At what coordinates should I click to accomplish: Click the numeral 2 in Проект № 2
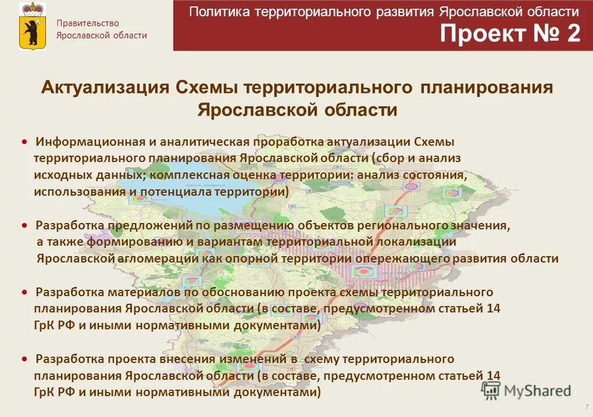coord(573,34)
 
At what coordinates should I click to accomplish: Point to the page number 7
coord(586,407)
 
